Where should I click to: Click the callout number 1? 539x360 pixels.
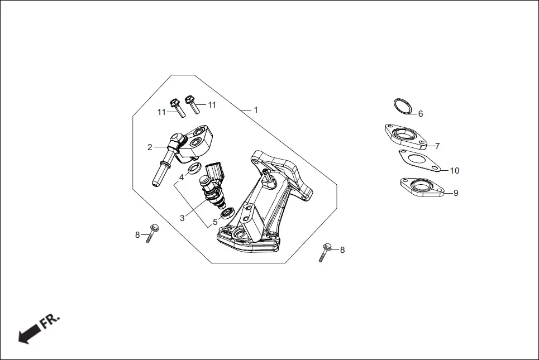coord(256,110)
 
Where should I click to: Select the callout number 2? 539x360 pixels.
coord(150,147)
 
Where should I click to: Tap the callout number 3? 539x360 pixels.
coord(182,218)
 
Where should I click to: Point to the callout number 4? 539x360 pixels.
coord(182,177)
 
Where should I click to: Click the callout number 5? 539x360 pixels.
coord(215,222)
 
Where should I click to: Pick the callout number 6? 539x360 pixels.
coord(421,114)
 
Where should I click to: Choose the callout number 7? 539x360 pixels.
coord(437,146)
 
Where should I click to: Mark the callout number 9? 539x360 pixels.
coord(456,193)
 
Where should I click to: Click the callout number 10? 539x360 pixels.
coord(455,171)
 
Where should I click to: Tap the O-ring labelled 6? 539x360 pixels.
coord(403,106)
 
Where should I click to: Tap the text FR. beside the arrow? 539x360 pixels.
coord(49,321)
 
